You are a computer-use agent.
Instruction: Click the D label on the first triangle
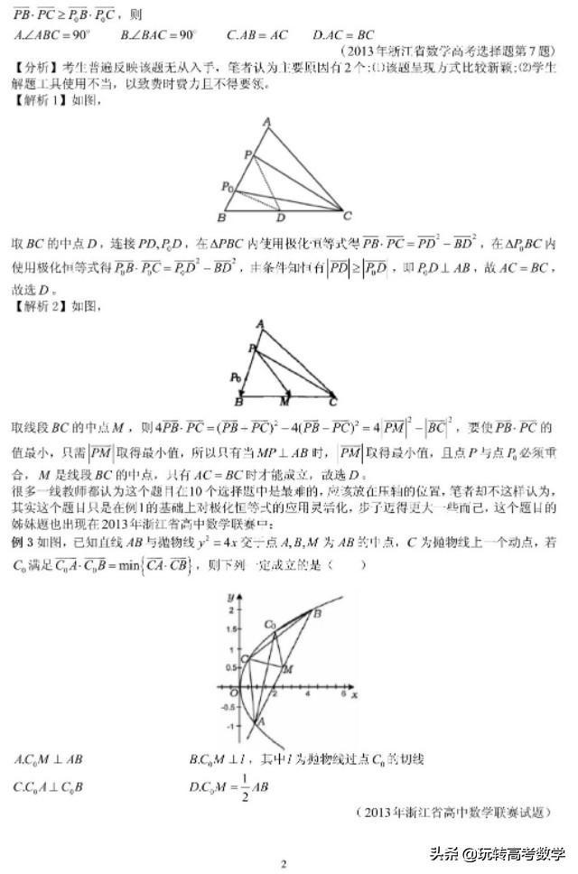(280, 218)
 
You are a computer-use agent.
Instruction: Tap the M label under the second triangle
(285, 400)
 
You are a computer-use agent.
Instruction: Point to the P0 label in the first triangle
(228, 187)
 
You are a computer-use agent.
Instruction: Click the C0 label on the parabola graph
(269, 624)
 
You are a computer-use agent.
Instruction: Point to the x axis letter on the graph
(355, 696)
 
